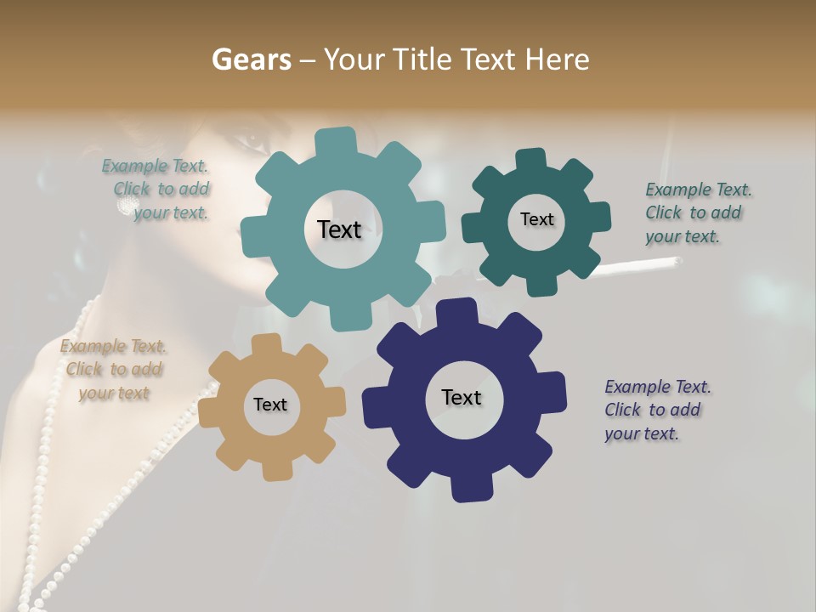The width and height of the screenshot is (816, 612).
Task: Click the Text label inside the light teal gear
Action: [x=339, y=229]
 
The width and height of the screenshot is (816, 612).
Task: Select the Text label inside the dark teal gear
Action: [x=536, y=219]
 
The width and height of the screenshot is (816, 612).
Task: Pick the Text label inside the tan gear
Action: [x=270, y=405]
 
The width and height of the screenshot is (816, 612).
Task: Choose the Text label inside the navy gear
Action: [x=462, y=398]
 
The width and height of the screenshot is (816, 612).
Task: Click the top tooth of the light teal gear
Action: [x=336, y=141]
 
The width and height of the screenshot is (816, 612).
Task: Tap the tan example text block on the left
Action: [x=114, y=370]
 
